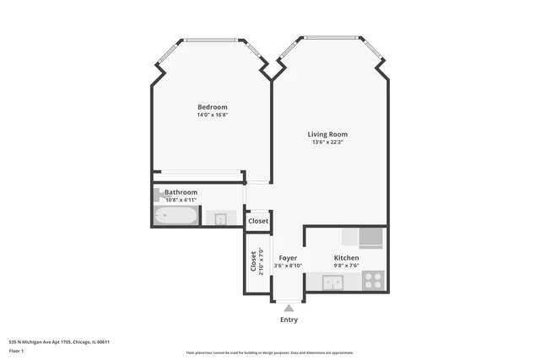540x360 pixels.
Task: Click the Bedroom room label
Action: click(x=212, y=107)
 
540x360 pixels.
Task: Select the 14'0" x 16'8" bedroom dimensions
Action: click(x=212, y=116)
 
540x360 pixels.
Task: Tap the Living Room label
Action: click(x=327, y=134)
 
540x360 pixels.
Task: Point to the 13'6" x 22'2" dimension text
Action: click(x=327, y=142)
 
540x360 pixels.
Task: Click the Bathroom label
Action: click(x=181, y=192)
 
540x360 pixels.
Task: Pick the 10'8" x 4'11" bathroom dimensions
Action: click(x=181, y=200)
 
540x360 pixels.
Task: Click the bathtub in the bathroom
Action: click(x=175, y=218)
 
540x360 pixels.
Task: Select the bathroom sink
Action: click(x=219, y=219)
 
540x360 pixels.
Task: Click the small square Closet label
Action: click(x=258, y=221)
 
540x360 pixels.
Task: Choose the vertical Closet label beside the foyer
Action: click(x=253, y=261)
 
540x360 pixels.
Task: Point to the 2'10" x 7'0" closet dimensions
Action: click(x=262, y=261)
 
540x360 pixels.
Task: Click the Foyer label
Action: click(x=288, y=257)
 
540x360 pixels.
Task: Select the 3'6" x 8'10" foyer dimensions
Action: click(x=288, y=266)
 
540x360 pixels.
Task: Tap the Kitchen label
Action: click(x=346, y=257)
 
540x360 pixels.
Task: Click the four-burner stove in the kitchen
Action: click(x=373, y=280)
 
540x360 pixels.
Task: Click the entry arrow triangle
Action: click(x=289, y=309)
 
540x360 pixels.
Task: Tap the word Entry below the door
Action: click(x=289, y=320)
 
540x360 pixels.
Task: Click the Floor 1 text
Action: click(x=16, y=350)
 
